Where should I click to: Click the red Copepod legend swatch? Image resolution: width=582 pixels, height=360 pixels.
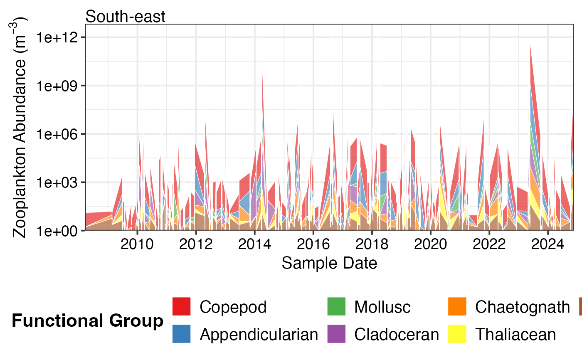(181, 307)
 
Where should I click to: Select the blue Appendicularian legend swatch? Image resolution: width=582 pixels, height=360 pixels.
(181, 334)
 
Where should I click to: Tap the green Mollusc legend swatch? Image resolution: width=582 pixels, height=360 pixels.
(336, 307)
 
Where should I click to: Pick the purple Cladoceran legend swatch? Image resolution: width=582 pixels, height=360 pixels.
(336, 334)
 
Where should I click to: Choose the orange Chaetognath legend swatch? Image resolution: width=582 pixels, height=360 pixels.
(457, 307)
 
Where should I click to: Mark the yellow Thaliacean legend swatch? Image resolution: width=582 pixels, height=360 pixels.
(457, 334)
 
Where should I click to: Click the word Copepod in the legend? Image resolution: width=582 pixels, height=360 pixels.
(233, 307)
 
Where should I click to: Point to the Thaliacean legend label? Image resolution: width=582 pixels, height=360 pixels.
(515, 334)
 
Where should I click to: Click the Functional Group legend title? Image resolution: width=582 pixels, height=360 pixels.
(87, 321)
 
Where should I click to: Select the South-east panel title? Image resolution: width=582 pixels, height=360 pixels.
(126, 17)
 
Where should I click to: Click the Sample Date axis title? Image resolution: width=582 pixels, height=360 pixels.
(329, 263)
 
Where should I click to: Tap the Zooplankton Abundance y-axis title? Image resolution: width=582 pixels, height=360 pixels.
(20, 127)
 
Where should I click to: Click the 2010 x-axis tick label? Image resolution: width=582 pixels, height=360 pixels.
(137, 244)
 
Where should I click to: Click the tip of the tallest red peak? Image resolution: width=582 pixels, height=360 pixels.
(530, 45)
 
